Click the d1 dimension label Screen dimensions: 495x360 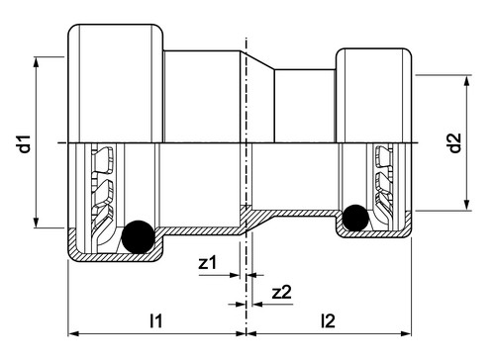point(25,143)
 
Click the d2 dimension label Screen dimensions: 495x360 point(455,142)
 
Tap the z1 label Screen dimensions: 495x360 point(207,262)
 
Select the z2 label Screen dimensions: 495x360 point(282,292)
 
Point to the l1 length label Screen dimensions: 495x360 point(155,320)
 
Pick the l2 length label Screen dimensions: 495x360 point(328,320)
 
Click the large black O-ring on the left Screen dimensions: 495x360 point(138,236)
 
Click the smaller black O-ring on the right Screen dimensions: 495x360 point(355,218)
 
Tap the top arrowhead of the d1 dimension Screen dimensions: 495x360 point(37,62)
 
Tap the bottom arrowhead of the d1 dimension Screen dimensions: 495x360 point(37,223)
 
